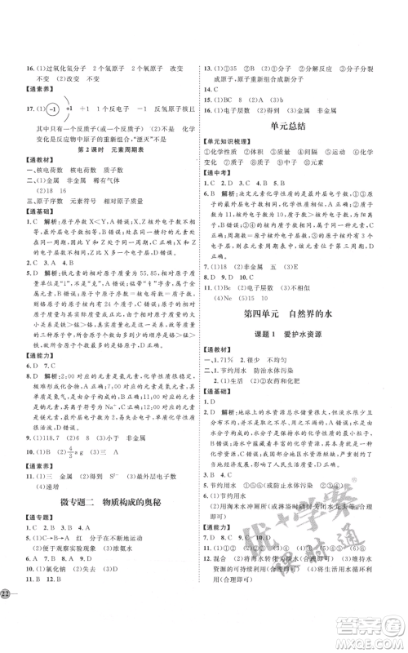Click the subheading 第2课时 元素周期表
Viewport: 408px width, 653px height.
tap(103, 150)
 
